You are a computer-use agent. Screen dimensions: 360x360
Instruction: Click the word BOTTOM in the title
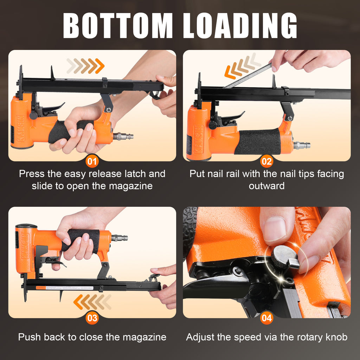[118, 25]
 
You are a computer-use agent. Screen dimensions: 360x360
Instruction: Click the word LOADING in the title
[240, 25]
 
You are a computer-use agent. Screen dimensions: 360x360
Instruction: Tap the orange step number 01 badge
[92, 162]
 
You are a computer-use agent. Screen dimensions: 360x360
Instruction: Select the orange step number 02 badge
[267, 162]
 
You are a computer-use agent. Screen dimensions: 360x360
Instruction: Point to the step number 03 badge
[92, 318]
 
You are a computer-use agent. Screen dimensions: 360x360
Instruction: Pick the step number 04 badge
[267, 318]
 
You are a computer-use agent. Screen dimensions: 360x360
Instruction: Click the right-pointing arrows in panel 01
[85, 66]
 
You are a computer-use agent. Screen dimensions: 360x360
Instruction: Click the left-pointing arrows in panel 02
[242, 66]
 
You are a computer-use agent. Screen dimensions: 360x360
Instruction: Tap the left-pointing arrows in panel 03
[92, 302]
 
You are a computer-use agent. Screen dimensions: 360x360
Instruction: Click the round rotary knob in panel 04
[284, 256]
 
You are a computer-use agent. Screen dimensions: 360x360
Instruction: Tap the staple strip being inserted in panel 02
[247, 76]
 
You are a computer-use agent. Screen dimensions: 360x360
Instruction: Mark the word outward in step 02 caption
[266, 186]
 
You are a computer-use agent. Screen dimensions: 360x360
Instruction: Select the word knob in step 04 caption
[336, 337]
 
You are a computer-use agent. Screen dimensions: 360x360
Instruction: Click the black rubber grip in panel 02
[258, 141]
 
